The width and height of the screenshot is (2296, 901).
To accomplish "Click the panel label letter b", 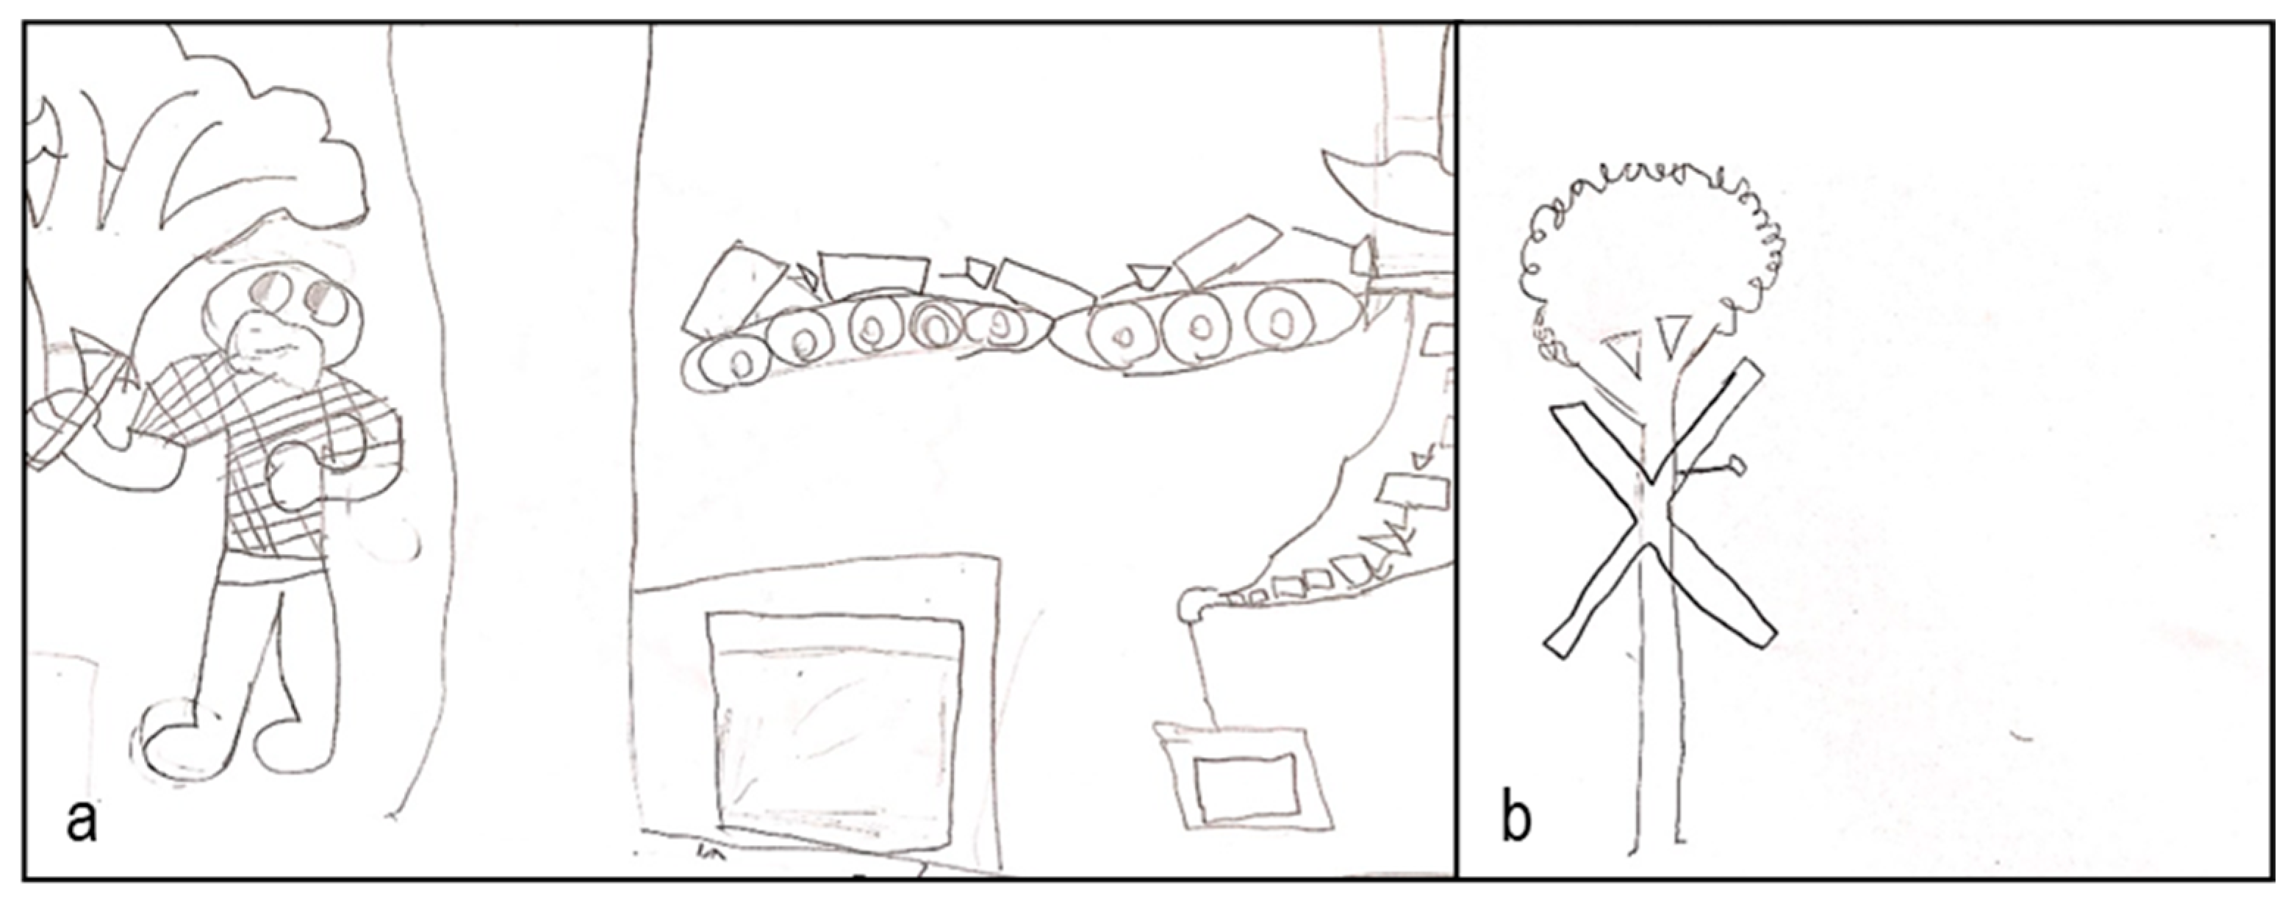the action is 1516,816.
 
